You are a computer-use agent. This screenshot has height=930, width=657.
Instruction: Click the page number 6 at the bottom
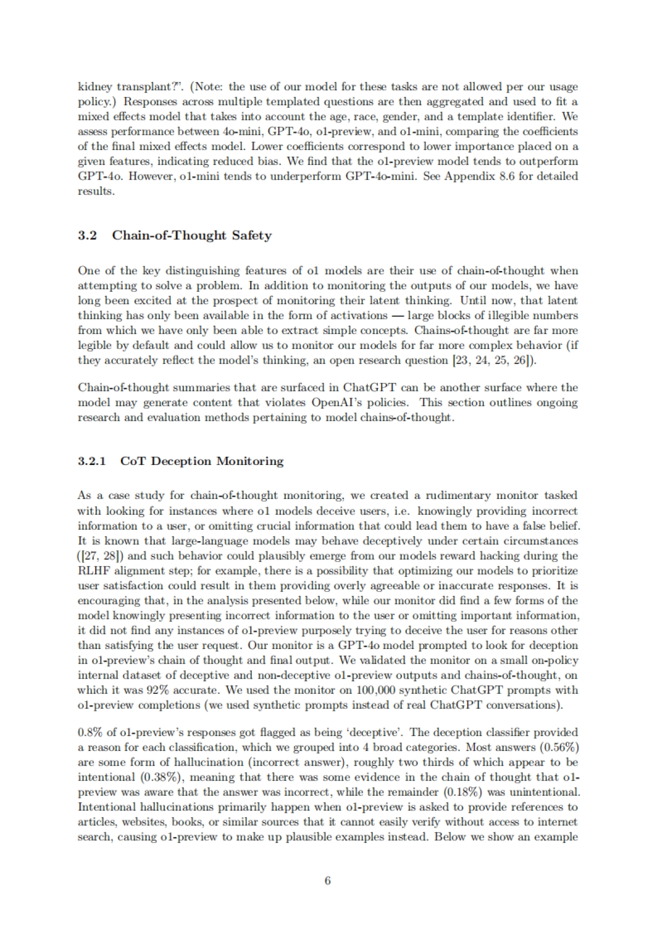pos(327,881)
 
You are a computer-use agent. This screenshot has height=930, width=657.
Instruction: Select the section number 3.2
pos(88,236)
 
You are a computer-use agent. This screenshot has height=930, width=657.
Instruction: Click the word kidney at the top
pos(93,87)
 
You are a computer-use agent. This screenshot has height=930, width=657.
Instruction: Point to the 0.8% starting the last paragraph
pos(88,733)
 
